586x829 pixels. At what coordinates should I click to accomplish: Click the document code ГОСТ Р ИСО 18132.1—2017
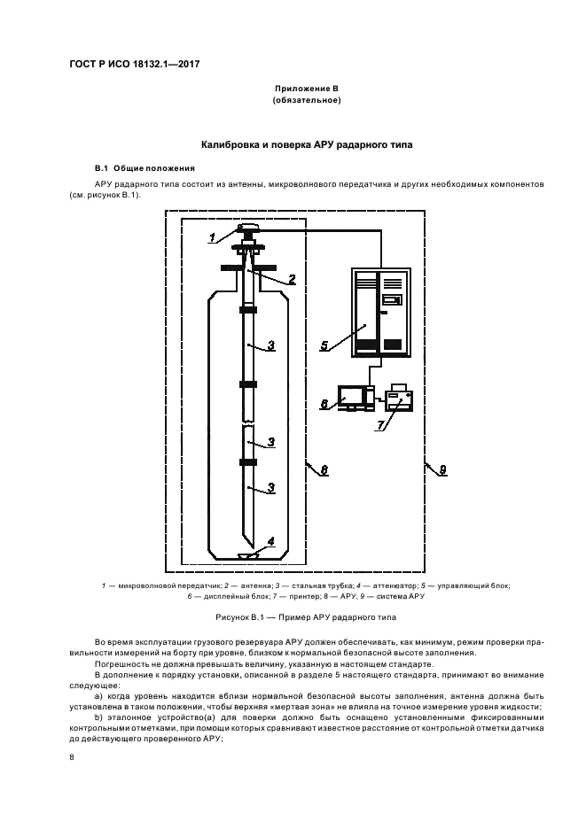(135, 65)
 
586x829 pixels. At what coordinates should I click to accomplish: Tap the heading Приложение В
(307, 89)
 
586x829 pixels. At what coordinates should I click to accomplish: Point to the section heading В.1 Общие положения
(145, 168)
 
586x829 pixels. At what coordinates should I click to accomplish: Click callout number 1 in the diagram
(212, 237)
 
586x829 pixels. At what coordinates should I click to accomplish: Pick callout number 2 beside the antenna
(292, 279)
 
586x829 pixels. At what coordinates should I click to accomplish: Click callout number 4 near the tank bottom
(271, 541)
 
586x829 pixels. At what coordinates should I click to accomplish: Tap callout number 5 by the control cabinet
(324, 345)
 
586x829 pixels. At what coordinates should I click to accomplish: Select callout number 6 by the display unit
(324, 405)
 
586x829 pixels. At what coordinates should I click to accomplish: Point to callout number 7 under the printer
(379, 426)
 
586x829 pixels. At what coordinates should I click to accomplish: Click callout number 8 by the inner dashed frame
(324, 469)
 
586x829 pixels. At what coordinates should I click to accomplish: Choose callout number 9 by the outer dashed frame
(443, 469)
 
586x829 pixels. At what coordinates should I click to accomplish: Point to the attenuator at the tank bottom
(247, 555)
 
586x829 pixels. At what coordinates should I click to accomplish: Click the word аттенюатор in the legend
(391, 585)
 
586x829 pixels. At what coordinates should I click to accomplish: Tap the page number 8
(72, 757)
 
